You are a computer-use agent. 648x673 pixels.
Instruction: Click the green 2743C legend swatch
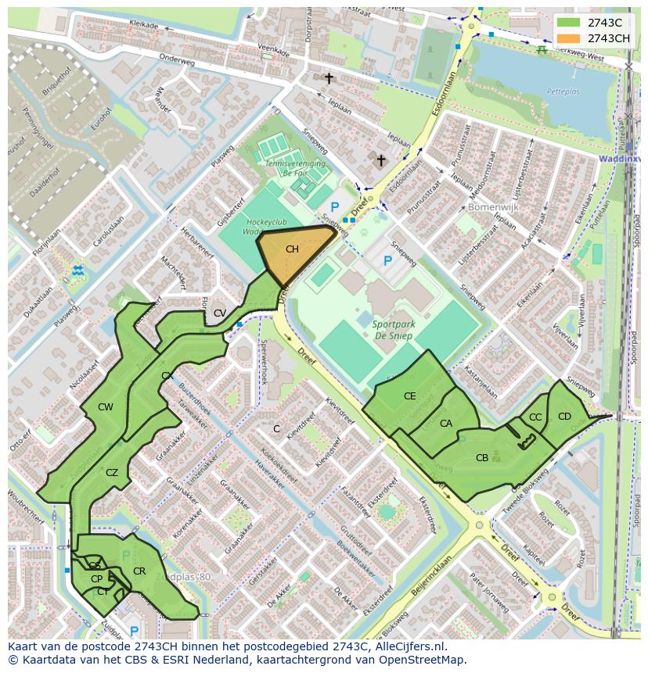[x=568, y=22]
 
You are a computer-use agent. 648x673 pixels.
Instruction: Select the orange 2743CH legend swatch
[x=568, y=38]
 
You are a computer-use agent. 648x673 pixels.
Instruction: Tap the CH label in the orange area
[x=292, y=249]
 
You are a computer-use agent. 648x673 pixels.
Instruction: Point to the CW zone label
[x=106, y=407]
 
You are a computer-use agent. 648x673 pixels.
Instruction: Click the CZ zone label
[x=112, y=472]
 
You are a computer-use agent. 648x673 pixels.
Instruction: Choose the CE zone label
[x=410, y=396]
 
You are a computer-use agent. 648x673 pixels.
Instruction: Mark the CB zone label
[x=482, y=458]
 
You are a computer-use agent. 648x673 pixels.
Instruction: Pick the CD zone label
[x=564, y=416]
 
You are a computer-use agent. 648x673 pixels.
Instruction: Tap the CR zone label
[x=139, y=571]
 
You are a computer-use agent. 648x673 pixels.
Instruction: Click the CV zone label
[x=220, y=313]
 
